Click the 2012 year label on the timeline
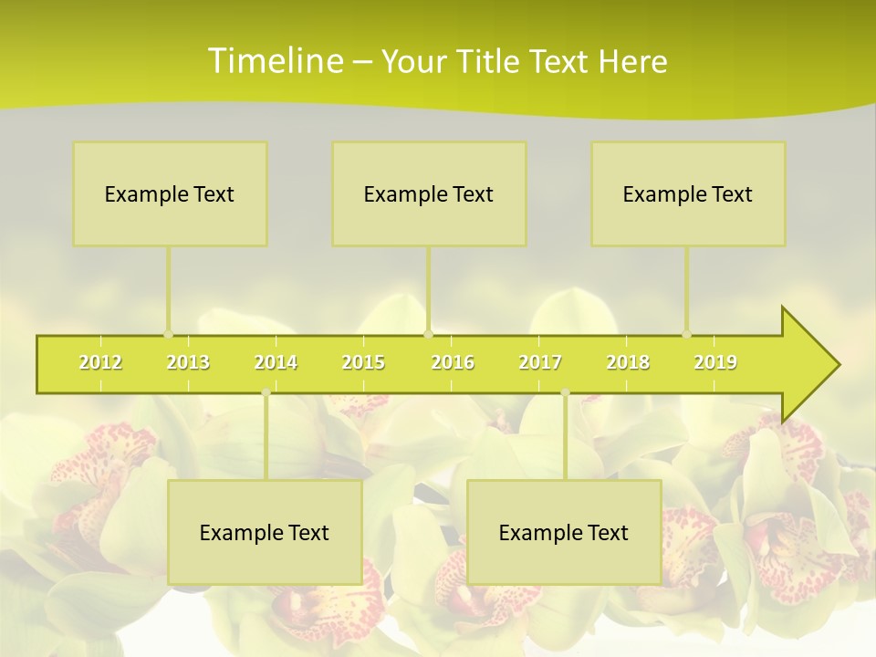100,363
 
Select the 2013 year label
188,363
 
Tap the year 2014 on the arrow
276,363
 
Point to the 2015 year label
363,363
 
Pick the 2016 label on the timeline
453,363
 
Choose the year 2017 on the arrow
540,363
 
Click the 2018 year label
628,363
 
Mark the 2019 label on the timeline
715,363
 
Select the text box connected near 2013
170,193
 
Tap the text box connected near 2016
429,193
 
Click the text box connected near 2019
688,193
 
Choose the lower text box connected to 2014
265,532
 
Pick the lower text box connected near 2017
564,532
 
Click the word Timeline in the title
274,61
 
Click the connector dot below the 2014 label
266,392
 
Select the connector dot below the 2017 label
565,392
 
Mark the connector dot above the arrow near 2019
686,334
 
